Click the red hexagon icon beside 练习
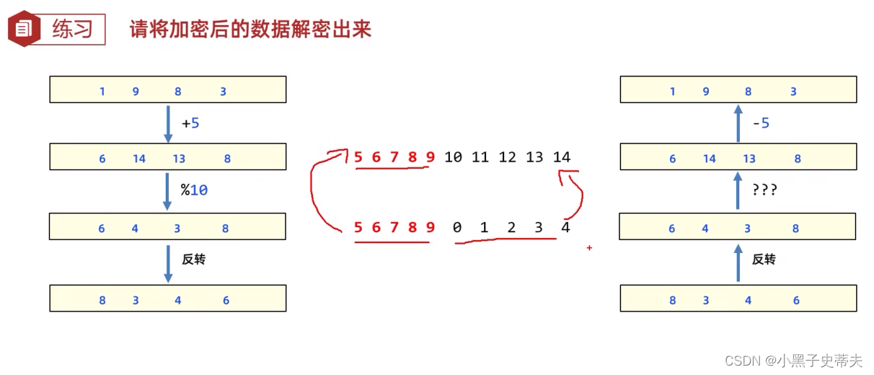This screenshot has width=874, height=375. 24,29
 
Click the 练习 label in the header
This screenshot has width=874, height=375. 73,30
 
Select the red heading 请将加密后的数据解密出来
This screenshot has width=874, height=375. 250,30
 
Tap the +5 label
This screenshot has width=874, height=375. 190,123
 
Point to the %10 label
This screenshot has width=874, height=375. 194,191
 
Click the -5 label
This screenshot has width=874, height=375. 761,123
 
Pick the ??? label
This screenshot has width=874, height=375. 764,191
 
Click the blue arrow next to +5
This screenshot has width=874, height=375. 168,123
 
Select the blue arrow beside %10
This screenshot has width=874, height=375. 168,191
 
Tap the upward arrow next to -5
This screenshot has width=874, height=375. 738,123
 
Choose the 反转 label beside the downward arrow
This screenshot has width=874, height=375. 193,259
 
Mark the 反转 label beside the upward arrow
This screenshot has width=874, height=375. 764,259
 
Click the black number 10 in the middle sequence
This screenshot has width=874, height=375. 453,157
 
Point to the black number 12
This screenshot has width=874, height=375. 507,157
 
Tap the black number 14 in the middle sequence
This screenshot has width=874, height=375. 561,157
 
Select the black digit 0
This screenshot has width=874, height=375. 456,228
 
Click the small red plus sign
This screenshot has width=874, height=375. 589,248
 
